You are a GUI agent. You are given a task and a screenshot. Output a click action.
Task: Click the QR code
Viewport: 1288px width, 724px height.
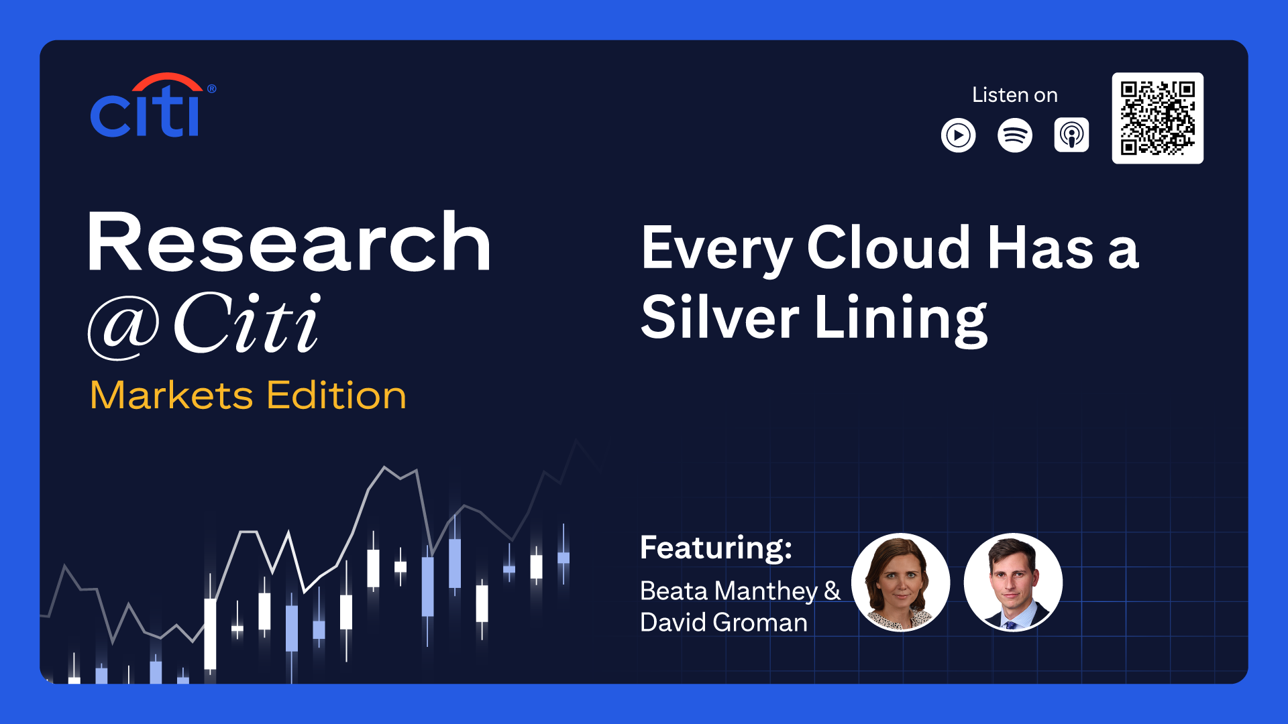coord(1157,118)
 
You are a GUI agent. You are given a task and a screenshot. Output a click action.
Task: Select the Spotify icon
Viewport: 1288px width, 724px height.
coord(1015,135)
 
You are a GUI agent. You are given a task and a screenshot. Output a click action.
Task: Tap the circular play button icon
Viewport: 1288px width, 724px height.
coord(958,135)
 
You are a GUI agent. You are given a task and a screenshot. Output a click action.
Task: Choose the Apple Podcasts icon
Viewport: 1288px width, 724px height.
coord(1071,135)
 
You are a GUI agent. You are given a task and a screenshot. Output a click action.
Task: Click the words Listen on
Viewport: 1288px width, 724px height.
coord(1015,95)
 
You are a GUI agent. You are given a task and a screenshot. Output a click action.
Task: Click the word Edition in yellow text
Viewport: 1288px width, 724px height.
coord(337,395)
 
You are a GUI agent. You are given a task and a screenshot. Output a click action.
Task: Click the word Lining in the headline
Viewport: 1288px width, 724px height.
coord(901,320)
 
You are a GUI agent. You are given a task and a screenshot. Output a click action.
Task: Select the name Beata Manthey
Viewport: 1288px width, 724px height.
coord(729,591)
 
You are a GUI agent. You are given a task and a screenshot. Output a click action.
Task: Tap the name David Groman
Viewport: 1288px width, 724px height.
coord(724,623)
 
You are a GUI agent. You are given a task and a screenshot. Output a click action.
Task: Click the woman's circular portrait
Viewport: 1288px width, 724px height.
coord(900,582)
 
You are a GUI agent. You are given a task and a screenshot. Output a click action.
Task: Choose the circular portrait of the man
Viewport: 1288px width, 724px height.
coord(1013,582)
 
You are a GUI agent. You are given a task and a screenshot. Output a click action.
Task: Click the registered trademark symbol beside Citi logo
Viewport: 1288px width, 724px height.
coord(211,88)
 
